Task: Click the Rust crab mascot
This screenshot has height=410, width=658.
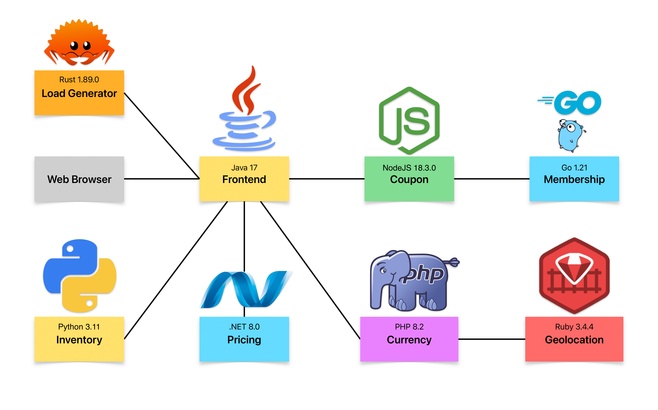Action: (79, 43)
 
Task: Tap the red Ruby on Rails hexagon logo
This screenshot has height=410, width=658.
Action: (574, 276)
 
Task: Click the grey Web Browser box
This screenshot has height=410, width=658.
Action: (79, 179)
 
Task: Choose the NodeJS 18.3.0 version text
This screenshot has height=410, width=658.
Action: (409, 168)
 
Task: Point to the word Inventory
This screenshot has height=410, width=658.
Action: (79, 340)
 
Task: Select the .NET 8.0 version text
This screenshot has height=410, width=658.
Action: (244, 327)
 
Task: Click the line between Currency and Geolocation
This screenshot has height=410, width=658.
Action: (492, 339)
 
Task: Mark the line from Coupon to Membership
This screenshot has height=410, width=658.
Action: (492, 179)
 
